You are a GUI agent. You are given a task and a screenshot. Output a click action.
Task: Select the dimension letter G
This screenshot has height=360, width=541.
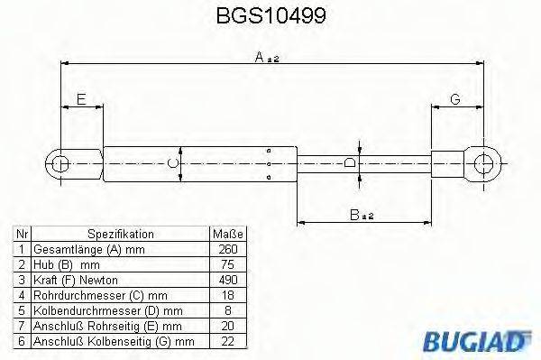click(454, 98)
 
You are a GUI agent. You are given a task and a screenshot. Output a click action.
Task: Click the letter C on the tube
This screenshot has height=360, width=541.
click(175, 163)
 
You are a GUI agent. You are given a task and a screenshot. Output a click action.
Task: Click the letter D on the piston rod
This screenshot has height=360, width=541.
click(350, 163)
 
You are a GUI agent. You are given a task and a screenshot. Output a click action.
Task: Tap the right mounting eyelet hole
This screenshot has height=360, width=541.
click(484, 164)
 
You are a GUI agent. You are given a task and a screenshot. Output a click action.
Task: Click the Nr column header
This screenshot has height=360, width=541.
click(22, 233)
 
